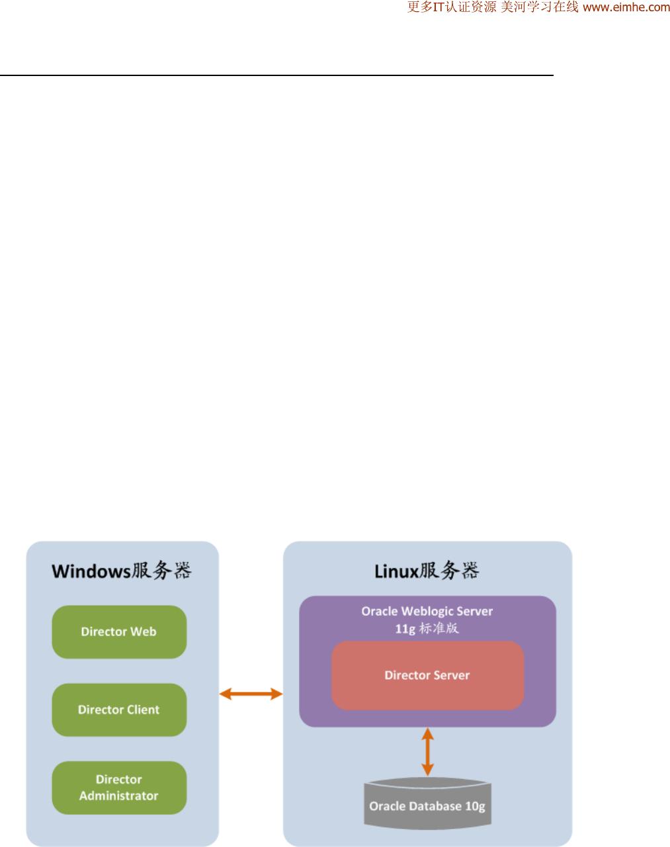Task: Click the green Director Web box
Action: coord(119,631)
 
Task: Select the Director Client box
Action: coord(119,709)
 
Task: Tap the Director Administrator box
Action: coord(119,787)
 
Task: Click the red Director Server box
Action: coord(427,675)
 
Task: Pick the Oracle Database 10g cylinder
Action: coord(427,804)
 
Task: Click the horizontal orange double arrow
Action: coord(251,694)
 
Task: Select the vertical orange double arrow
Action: coord(427,752)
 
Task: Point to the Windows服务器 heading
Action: coord(122,571)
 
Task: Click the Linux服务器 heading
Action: coord(427,571)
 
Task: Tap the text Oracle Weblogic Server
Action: coord(427,611)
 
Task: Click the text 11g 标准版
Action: coord(427,629)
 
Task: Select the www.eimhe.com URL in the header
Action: coord(626,7)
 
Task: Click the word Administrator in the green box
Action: coord(118,796)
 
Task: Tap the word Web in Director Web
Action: coord(144,631)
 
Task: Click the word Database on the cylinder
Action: coord(437,806)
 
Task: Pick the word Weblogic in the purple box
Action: coord(427,612)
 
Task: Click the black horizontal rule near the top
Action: coord(276,75)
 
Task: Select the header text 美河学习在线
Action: coord(540,7)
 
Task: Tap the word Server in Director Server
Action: coord(452,675)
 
